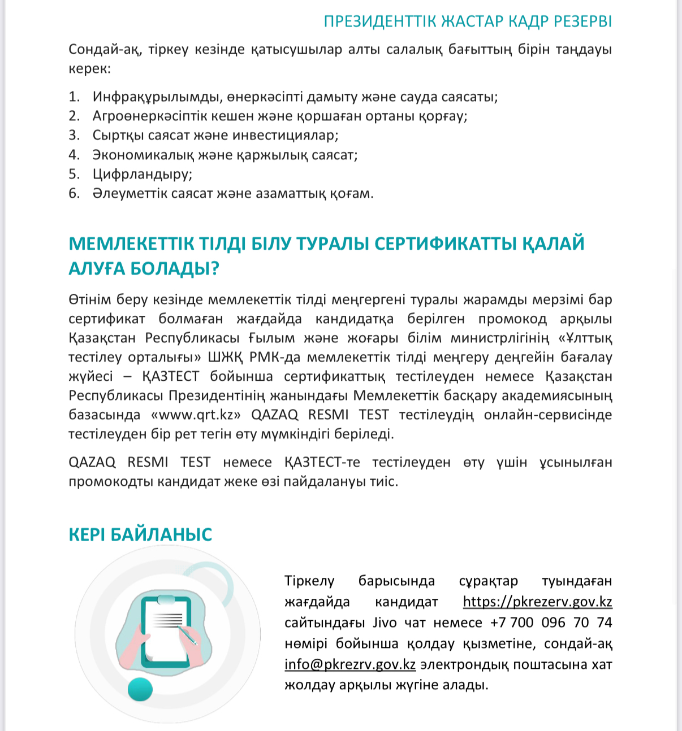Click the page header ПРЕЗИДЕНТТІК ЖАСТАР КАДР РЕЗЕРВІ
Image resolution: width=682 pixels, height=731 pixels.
click(x=468, y=21)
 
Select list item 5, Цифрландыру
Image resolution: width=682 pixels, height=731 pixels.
click(x=143, y=174)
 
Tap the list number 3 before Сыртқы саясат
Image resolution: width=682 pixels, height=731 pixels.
click(x=74, y=136)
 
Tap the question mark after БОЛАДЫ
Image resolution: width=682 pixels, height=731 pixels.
click(x=214, y=268)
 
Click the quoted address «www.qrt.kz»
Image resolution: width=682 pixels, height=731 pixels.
click(x=196, y=415)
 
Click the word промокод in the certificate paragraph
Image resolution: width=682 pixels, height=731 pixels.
click(x=512, y=319)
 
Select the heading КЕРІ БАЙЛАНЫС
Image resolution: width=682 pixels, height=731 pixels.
click(x=140, y=534)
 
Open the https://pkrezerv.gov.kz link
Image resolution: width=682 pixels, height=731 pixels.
click(x=537, y=602)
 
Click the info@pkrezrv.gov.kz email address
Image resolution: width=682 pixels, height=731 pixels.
click(x=350, y=664)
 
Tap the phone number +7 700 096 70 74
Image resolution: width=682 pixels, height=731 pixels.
click(x=551, y=623)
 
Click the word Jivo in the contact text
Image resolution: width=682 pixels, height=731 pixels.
click(x=385, y=623)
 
